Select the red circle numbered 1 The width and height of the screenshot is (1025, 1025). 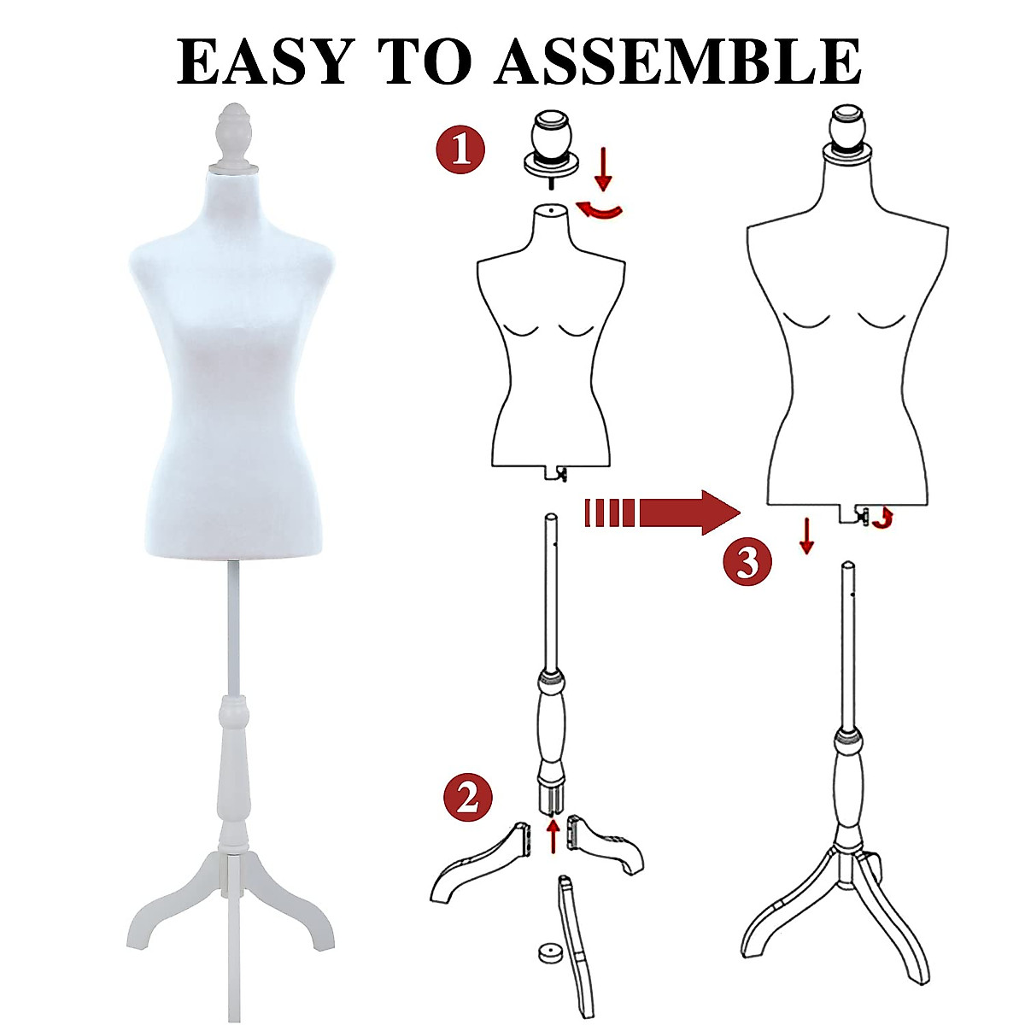point(460,149)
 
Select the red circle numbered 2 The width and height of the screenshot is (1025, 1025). point(467,799)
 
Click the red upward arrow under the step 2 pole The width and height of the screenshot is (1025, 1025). point(553,835)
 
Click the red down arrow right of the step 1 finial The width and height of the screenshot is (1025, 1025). point(604,168)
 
